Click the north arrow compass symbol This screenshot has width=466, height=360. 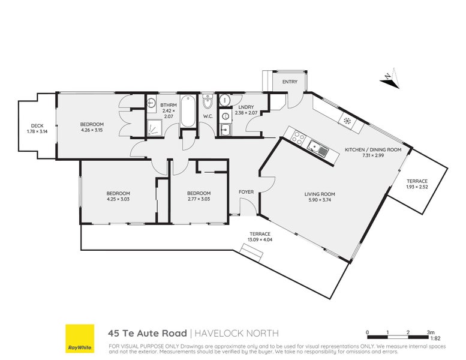click(390, 78)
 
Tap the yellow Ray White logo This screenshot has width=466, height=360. click(80, 338)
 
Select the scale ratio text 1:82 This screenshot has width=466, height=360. click(435, 338)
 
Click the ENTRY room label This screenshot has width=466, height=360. click(290, 82)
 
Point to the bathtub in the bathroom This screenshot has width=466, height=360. click(188, 111)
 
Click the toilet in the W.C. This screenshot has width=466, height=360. click(208, 101)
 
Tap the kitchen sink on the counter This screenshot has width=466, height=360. click(317, 148)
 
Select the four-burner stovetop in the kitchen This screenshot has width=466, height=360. click(298, 137)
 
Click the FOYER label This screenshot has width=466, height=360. click(246, 192)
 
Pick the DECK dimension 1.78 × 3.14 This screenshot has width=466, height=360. click(37, 131)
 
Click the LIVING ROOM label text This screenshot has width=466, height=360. click(320, 194)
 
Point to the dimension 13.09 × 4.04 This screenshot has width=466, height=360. click(260, 239)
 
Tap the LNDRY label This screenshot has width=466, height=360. click(246, 107)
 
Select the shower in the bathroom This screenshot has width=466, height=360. click(155, 128)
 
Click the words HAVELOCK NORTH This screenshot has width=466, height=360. click(236, 333)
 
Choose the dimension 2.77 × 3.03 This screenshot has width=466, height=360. click(199, 199)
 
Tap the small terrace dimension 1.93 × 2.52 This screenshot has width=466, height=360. click(417, 187)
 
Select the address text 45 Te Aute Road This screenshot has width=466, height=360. click(148, 333)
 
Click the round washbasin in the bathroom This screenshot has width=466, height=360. click(151, 103)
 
